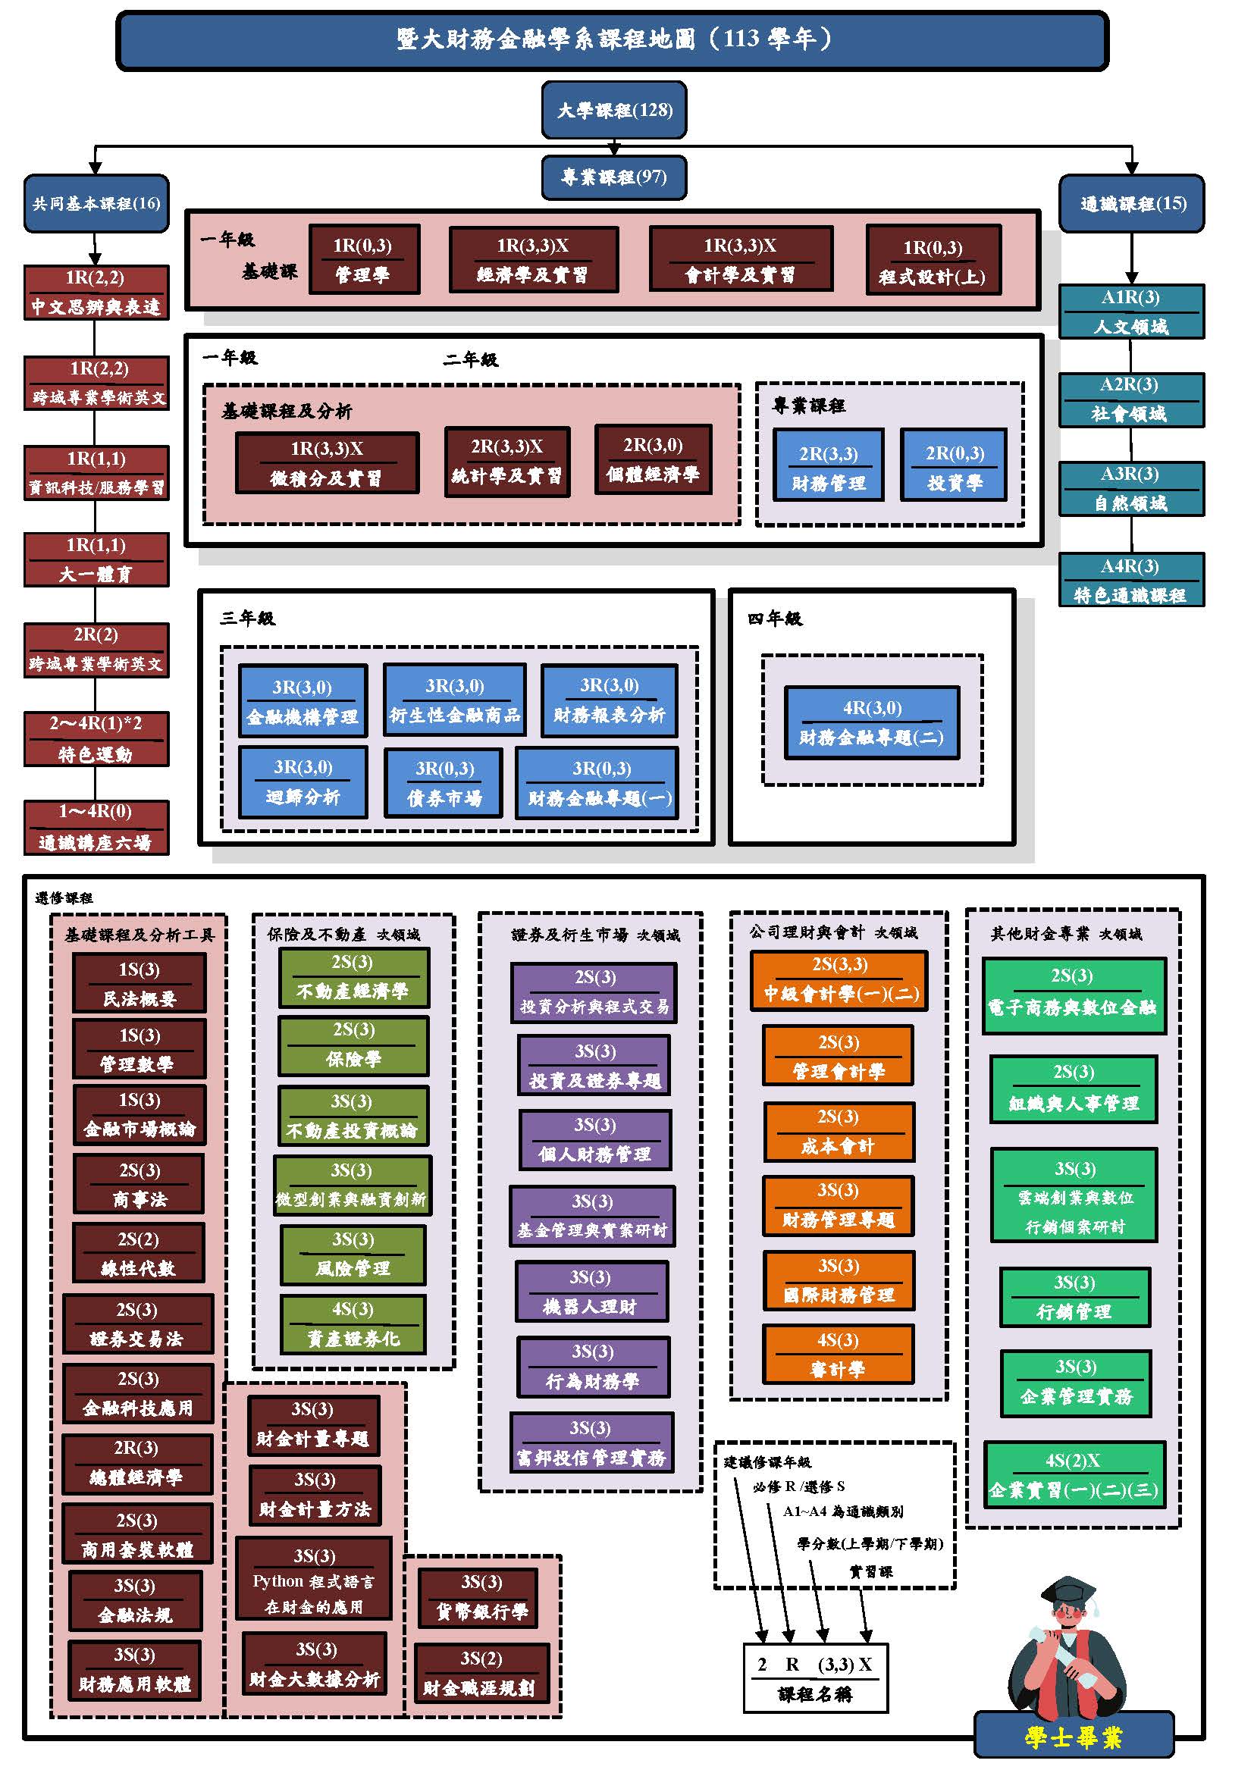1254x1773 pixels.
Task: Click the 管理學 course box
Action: (364, 259)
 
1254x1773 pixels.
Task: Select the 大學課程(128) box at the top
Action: (614, 111)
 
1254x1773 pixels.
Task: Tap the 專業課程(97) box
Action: (614, 177)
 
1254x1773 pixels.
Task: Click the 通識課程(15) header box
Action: (1131, 204)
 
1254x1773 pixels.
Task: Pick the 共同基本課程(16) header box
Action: (96, 204)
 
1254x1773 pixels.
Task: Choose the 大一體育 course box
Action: (96, 560)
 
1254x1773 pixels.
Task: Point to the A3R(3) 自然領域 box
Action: (1131, 489)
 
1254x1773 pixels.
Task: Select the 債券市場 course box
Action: (444, 783)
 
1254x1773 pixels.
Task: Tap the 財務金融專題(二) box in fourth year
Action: (872, 723)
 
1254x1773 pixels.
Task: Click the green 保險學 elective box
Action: (353, 1045)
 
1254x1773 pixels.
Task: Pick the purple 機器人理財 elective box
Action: (591, 1292)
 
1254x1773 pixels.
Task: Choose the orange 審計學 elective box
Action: (838, 1355)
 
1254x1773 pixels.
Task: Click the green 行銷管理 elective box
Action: (1074, 1297)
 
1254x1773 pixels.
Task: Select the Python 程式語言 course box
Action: (314, 1580)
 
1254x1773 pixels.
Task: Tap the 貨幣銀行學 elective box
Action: (482, 1597)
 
